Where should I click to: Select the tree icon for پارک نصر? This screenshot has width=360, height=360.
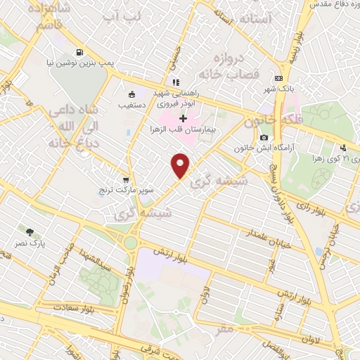[29, 231]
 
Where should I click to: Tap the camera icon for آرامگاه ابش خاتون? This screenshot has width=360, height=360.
[263, 137]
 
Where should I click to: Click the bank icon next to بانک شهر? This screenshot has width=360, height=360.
[279, 78]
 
